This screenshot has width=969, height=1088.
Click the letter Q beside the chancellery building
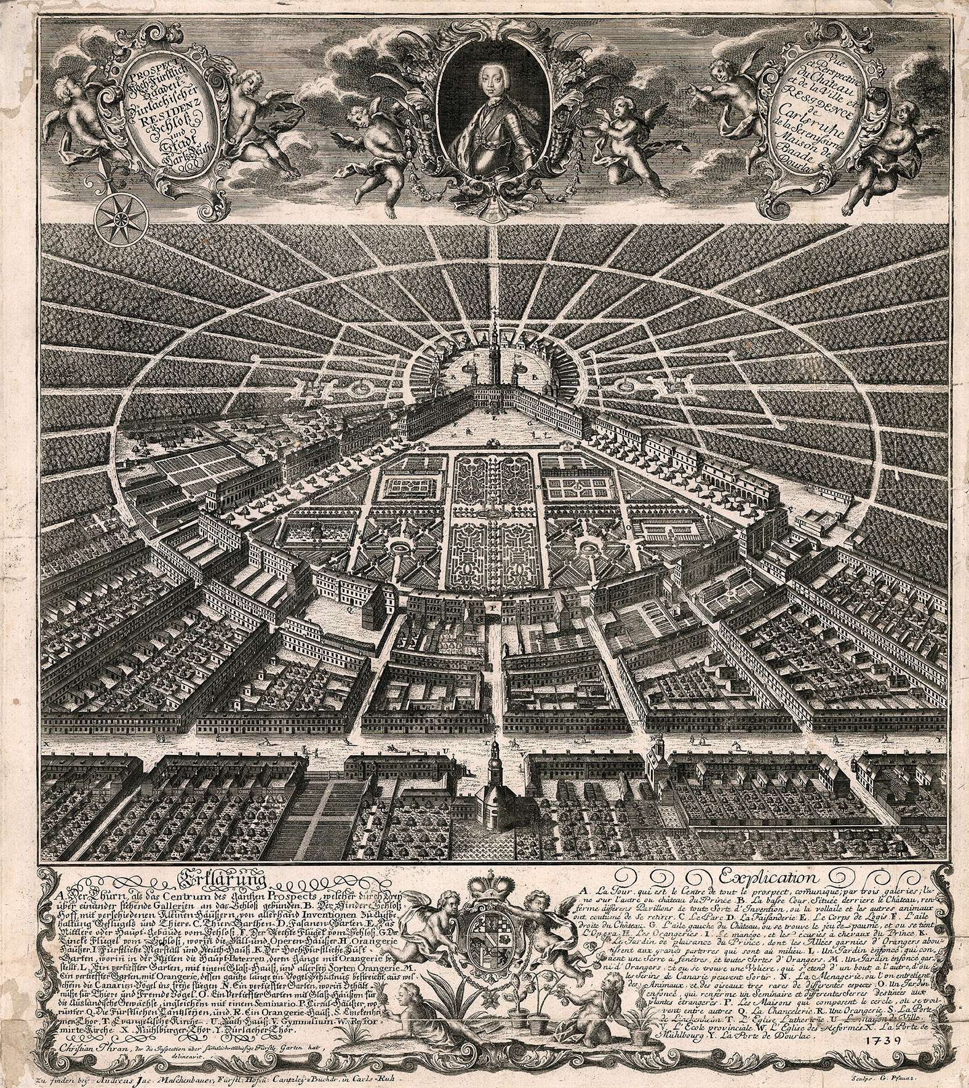(x=351, y=610)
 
